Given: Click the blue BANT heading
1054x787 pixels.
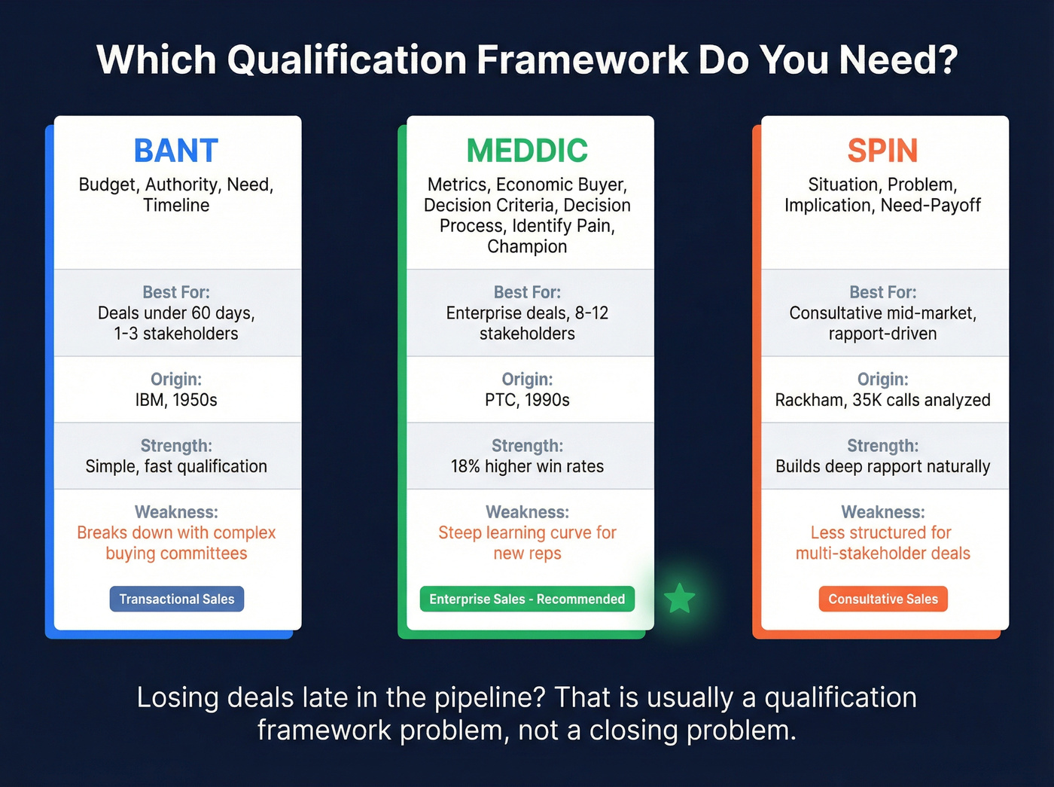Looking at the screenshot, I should tap(176, 151).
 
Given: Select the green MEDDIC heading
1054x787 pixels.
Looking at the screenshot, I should tap(527, 151).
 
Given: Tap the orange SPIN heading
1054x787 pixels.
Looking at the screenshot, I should tap(882, 151).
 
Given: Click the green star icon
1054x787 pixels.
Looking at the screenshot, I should tap(680, 599).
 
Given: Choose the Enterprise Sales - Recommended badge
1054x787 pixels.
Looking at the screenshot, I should tap(527, 599).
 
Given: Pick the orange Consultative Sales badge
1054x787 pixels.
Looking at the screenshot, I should tap(883, 599).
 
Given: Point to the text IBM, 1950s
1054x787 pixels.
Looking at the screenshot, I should tap(176, 400).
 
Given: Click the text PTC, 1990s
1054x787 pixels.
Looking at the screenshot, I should tap(527, 400).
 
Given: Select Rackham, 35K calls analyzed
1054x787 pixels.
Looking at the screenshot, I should tap(882, 400).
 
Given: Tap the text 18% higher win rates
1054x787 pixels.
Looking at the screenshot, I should tap(527, 466).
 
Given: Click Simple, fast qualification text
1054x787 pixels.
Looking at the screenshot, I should tap(176, 466).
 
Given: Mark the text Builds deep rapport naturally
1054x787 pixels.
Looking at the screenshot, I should tap(882, 466).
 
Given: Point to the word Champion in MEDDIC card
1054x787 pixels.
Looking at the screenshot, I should tap(527, 246).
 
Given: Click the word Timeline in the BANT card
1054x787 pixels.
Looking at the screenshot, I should tap(176, 205).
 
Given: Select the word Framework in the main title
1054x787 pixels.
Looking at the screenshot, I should tap(582, 59).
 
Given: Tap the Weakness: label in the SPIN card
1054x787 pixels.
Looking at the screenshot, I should tap(882, 512).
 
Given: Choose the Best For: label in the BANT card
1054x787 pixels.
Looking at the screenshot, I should tap(176, 292).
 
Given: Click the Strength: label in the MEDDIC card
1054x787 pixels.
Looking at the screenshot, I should tap(527, 446).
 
